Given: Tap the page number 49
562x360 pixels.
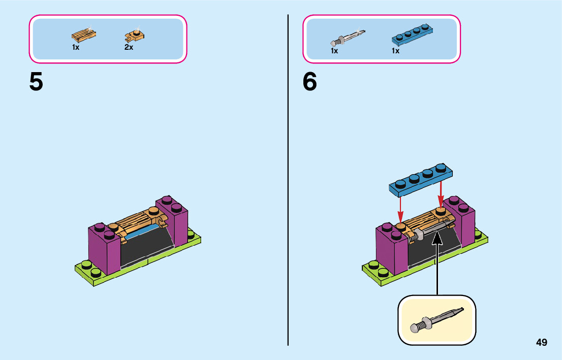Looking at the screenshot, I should click(x=542, y=343).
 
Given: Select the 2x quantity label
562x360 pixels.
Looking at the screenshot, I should click(x=129, y=48).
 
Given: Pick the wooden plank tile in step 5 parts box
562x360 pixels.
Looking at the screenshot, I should click(x=84, y=35).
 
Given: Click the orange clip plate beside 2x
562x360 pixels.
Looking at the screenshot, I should click(x=135, y=35).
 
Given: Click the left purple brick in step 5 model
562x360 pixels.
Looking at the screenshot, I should click(x=104, y=249).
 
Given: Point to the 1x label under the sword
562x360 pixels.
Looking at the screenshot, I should click(x=334, y=51).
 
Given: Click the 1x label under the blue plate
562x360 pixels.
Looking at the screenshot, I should click(x=395, y=51).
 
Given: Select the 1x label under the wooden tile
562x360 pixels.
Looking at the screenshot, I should click(x=76, y=47).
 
